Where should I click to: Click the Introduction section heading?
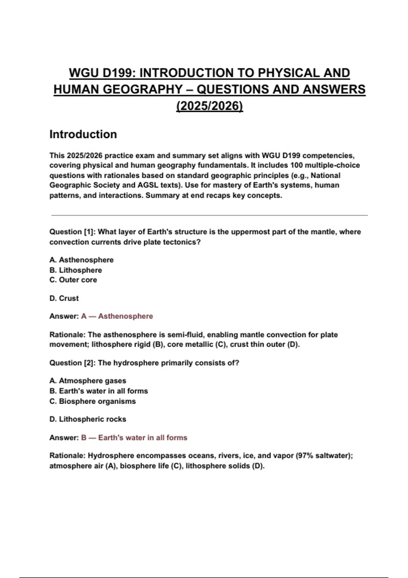(83, 134)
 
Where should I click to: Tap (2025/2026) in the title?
(209, 106)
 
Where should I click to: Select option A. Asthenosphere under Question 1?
(82, 260)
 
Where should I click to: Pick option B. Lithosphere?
(75, 270)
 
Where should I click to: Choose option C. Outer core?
(73, 280)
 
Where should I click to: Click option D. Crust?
(64, 298)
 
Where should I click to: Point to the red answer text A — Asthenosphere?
(117, 316)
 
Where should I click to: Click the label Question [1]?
(72, 232)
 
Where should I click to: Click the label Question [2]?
(72, 363)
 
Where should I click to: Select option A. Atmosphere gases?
(88, 381)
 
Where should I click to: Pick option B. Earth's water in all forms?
(99, 391)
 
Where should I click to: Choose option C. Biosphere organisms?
(92, 401)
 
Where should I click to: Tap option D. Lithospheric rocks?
(88, 419)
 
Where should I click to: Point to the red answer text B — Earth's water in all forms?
(134, 438)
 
